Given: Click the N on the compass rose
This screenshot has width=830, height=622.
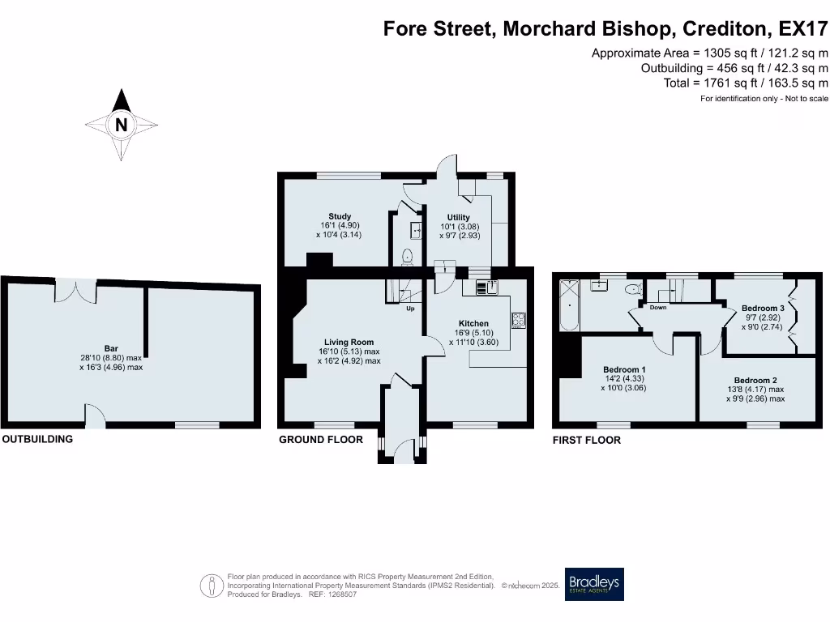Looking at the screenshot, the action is (122, 125).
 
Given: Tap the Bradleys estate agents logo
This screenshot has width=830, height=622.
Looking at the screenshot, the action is (594, 584).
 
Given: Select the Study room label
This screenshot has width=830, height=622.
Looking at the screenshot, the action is (340, 216).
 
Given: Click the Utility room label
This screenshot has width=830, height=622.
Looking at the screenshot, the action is (459, 217).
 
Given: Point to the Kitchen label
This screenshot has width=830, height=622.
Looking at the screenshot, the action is (473, 324).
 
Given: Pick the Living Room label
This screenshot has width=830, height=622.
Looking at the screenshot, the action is (349, 343).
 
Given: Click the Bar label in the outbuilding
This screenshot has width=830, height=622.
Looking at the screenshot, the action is (111, 348).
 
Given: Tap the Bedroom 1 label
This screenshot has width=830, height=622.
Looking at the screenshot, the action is (624, 369).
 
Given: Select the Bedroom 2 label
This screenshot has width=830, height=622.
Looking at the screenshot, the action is (755, 381).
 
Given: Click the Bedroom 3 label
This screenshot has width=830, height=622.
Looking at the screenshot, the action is (763, 309).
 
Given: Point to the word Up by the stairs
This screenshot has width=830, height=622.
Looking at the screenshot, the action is (410, 309).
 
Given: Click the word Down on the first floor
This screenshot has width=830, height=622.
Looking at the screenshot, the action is (658, 307).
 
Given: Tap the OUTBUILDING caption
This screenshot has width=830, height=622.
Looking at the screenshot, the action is (37, 439).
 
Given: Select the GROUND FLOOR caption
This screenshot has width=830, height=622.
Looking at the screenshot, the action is (321, 440).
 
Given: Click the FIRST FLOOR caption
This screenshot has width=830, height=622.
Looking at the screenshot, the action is (587, 440).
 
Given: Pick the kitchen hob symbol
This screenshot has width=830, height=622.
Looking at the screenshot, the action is (519, 320).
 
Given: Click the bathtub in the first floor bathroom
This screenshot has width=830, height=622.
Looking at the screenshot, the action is (570, 305).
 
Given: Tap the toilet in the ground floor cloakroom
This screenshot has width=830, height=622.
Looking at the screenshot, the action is (407, 257).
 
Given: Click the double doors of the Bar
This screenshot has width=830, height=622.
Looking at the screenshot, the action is (76, 291).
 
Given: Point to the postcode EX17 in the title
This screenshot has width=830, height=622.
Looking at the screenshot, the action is (803, 28).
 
